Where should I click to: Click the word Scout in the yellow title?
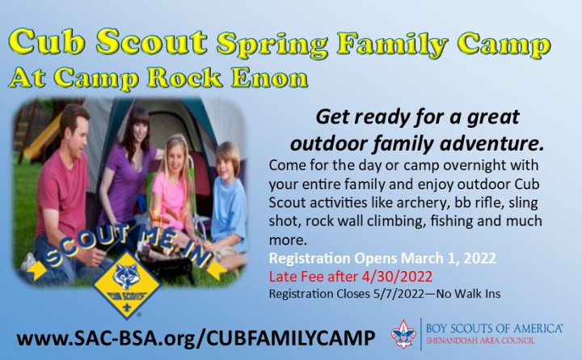point(152,41)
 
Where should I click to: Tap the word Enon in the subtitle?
point(270,78)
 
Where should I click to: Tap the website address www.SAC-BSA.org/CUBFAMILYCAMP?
point(196,338)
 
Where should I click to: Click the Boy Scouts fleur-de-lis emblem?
point(403,334)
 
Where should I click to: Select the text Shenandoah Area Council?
point(480,341)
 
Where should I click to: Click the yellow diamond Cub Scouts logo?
point(127,286)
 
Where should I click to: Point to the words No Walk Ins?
point(468,294)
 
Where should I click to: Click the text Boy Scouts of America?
point(494,328)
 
